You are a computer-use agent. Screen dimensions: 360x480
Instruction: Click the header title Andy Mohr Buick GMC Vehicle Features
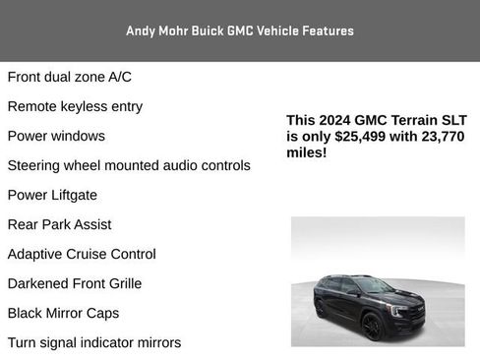coord(240,30)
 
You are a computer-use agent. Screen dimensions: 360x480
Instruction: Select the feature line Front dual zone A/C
coord(69,77)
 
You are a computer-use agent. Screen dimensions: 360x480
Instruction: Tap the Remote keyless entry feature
coord(75,106)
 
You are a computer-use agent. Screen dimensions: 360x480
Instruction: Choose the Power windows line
coord(56,136)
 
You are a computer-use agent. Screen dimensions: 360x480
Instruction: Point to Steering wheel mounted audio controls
coord(129,165)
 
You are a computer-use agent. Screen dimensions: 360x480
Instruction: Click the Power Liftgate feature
coord(52,195)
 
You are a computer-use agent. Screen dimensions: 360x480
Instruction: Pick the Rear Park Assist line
coord(59,224)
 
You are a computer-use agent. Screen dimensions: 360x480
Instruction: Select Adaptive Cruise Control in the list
coord(82,254)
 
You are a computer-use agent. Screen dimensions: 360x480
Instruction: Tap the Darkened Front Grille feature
coord(75,283)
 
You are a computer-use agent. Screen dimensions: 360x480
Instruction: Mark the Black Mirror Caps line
coord(63,313)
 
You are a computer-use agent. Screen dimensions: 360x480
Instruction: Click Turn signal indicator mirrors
coord(94,342)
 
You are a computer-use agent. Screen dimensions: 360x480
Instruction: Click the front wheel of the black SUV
coord(373,326)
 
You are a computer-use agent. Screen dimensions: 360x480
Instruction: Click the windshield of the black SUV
coord(375,285)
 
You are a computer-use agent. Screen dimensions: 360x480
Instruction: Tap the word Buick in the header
coord(206,30)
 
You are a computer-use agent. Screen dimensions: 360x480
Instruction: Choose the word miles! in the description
coord(307,153)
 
